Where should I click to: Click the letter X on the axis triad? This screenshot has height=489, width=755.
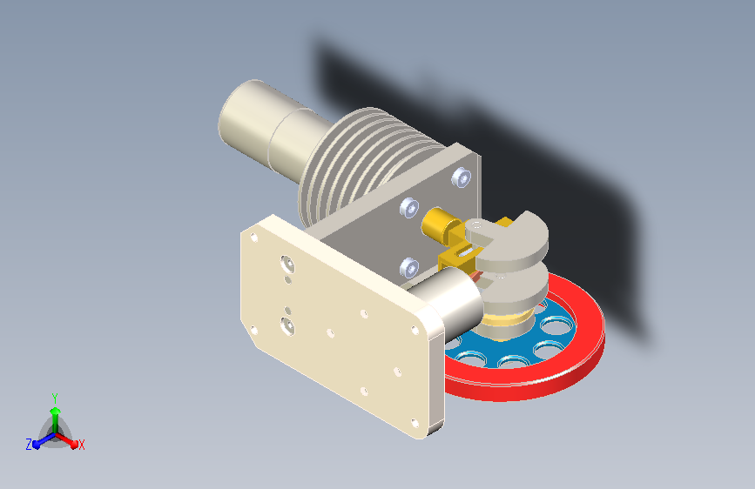[x=82, y=445]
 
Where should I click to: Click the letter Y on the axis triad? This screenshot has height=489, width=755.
[x=55, y=399]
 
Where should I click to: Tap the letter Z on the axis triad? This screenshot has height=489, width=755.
[x=29, y=445]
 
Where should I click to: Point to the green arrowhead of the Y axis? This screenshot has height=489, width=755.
[x=56, y=411]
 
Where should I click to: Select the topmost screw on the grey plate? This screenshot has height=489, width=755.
[x=462, y=178]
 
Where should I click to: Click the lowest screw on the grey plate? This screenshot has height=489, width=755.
[x=409, y=267]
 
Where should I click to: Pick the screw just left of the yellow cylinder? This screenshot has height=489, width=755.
[x=409, y=207]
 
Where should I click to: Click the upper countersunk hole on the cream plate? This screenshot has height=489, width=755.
[x=287, y=264]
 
